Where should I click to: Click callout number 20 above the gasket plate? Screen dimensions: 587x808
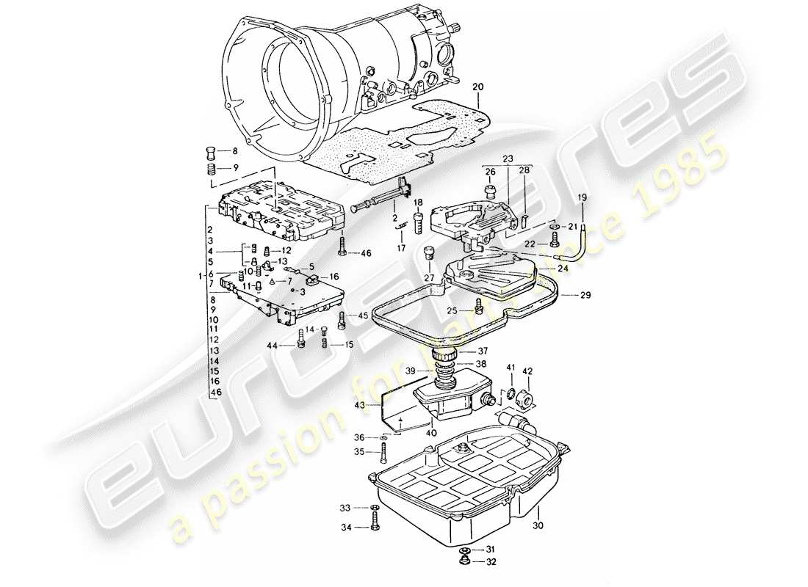[478, 87]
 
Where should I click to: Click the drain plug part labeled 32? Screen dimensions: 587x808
[463, 562]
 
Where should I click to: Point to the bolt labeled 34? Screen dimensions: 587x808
[375, 526]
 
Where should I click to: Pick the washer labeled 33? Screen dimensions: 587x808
[375, 508]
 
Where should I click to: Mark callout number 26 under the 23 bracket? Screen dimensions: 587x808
[491, 172]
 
